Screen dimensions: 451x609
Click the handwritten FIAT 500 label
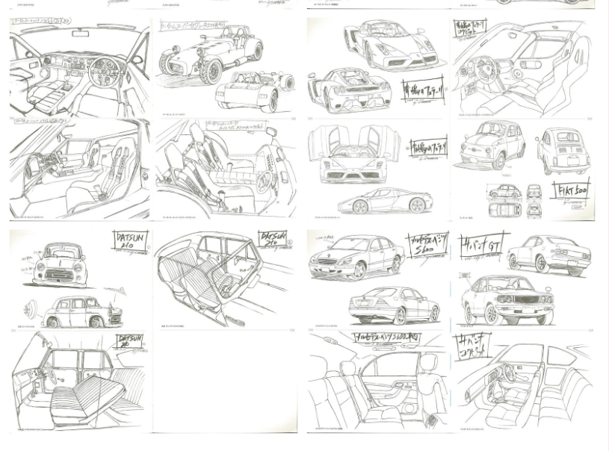click(573, 190)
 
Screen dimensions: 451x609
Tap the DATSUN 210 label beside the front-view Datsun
click(131, 243)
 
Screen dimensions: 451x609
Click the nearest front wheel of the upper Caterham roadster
click(211, 71)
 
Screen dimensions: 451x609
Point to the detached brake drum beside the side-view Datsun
click(31, 308)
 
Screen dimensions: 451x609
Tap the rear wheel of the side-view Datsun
click(96, 322)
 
